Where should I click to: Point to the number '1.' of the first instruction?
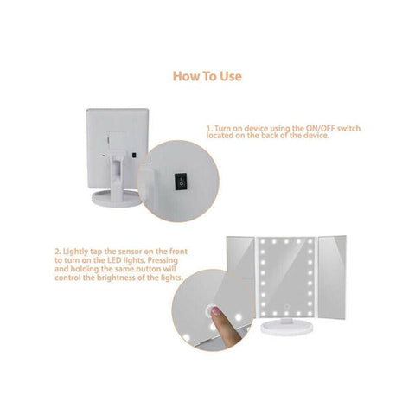209,128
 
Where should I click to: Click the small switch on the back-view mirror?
137,156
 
